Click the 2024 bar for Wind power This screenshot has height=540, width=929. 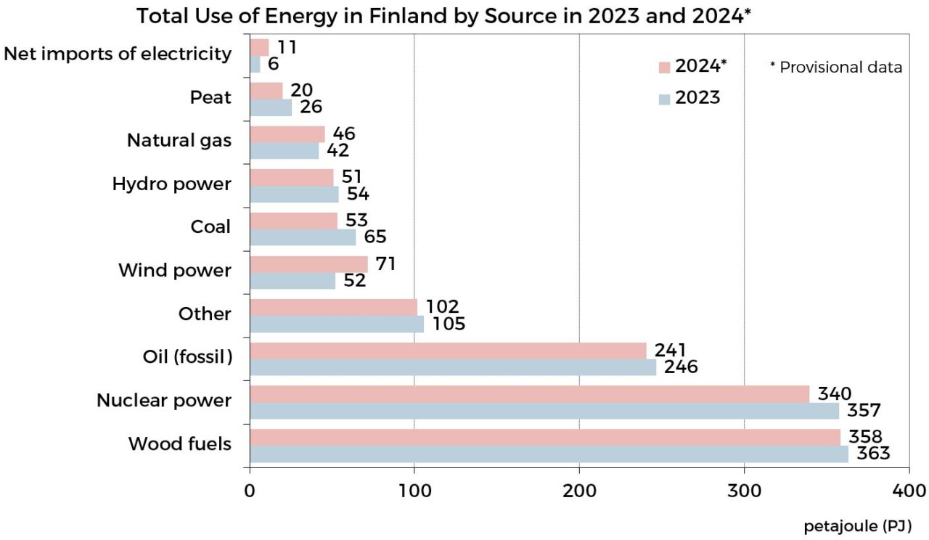(x=308, y=264)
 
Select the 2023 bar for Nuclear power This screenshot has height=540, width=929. (x=544, y=411)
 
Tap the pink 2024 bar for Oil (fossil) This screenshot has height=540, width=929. (x=448, y=351)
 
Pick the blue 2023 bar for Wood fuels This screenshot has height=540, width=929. (x=549, y=454)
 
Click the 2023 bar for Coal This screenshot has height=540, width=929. (x=303, y=237)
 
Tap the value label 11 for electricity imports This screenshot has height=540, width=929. (x=287, y=48)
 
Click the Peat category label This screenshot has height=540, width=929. (x=210, y=97)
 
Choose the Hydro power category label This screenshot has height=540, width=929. (x=171, y=184)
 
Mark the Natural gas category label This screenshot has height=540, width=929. (x=179, y=140)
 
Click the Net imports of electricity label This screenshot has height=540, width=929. (x=118, y=54)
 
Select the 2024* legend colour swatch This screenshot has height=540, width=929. (x=664, y=67)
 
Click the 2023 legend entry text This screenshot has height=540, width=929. (x=697, y=98)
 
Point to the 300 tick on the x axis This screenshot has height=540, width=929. (x=744, y=491)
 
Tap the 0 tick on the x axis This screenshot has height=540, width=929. (x=250, y=491)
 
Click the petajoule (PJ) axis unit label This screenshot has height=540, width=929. (x=856, y=525)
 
